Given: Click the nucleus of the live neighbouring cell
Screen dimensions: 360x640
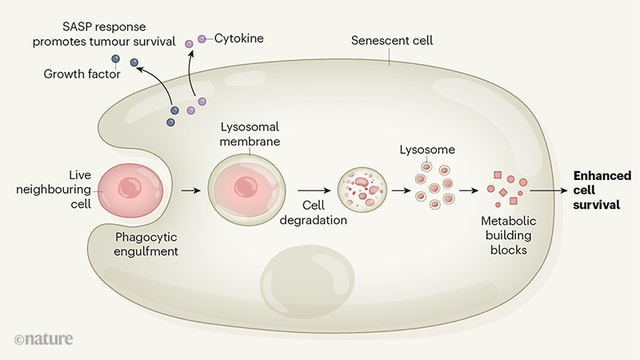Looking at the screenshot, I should (128, 188).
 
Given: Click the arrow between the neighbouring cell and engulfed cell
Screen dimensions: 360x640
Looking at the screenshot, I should (190, 190).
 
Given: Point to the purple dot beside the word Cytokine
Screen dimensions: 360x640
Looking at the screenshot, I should (202, 38).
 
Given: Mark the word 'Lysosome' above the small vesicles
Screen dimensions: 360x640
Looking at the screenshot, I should (425, 150).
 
